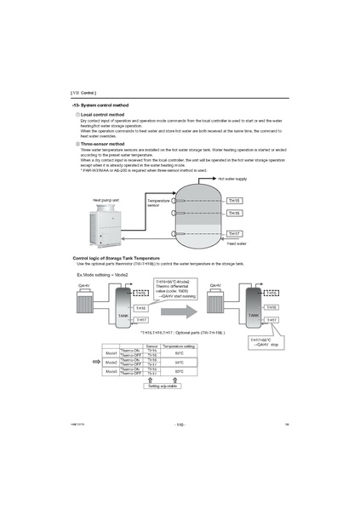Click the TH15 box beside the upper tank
click(235, 200)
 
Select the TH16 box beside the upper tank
click(235, 213)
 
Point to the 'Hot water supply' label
click(233, 180)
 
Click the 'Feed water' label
click(237, 243)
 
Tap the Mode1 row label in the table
click(111, 352)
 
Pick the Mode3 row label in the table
click(111, 371)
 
